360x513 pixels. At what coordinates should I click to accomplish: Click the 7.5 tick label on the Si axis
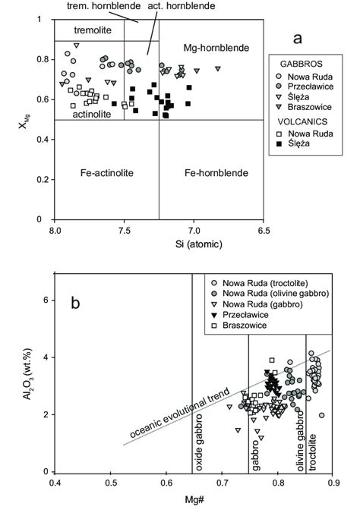pos(124,228)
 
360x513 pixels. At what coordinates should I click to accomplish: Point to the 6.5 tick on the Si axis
pos(263,228)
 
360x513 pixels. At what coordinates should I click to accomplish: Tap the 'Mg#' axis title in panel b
pos(193,502)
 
